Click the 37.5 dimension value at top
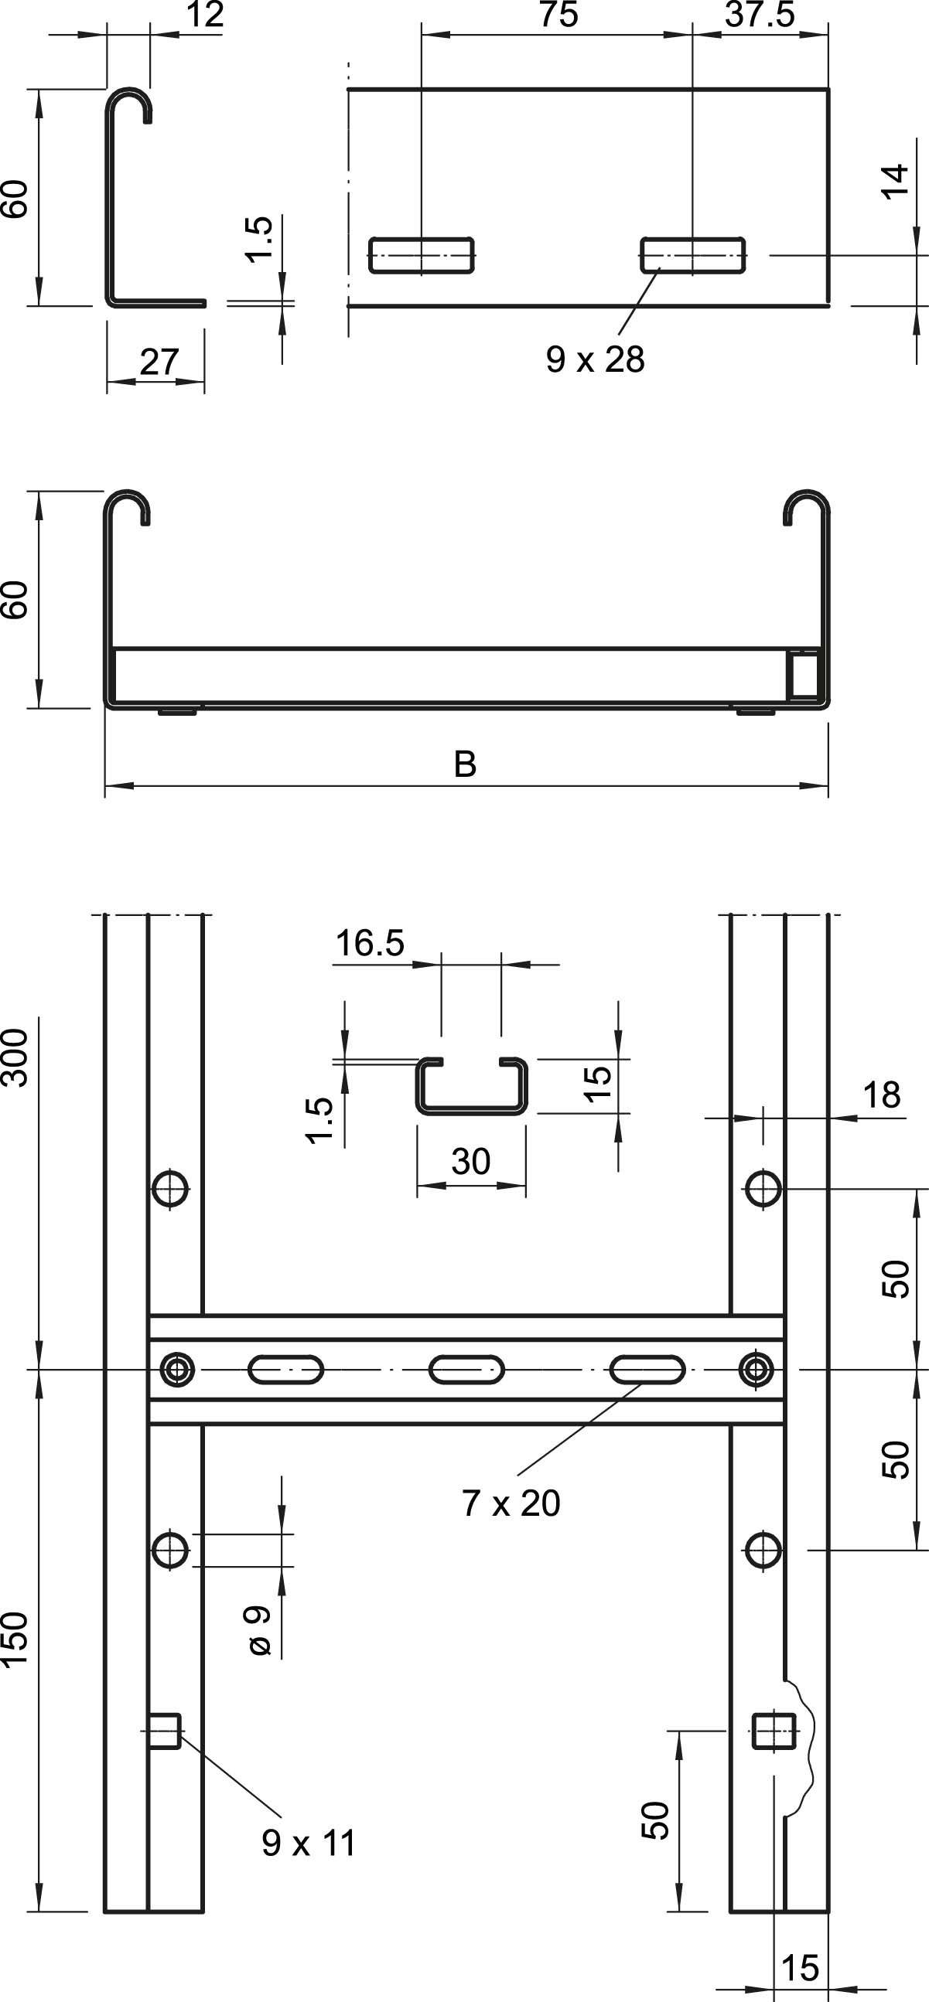click(x=759, y=15)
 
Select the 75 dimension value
click(x=558, y=15)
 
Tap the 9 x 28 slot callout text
click(x=595, y=360)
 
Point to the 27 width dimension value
click(x=159, y=363)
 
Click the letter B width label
click(x=465, y=764)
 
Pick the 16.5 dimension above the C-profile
click(x=369, y=944)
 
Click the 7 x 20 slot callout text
click(x=511, y=1503)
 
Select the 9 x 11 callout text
click(x=309, y=1843)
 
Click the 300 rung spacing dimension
click(x=15, y=1057)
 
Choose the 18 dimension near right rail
click(x=881, y=1095)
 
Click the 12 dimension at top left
click(x=205, y=15)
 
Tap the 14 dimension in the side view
click(x=896, y=181)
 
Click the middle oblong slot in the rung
click(x=466, y=1369)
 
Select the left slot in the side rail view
click(x=422, y=255)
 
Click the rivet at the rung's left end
click(x=178, y=1369)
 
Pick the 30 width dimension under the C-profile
click(x=470, y=1162)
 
